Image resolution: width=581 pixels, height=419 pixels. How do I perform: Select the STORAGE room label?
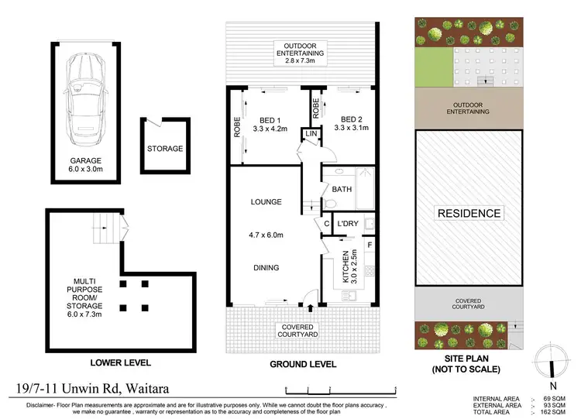pyautogui.click(x=164, y=149)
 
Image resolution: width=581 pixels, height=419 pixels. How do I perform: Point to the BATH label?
pyautogui.click(x=342, y=189)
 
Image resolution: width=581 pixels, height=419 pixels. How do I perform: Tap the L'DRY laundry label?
pyautogui.click(x=348, y=225)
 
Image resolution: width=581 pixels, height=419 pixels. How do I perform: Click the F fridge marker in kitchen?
pyautogui.click(x=370, y=246)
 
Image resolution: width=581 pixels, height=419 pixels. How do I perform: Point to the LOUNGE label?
pyautogui.click(x=265, y=202)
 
